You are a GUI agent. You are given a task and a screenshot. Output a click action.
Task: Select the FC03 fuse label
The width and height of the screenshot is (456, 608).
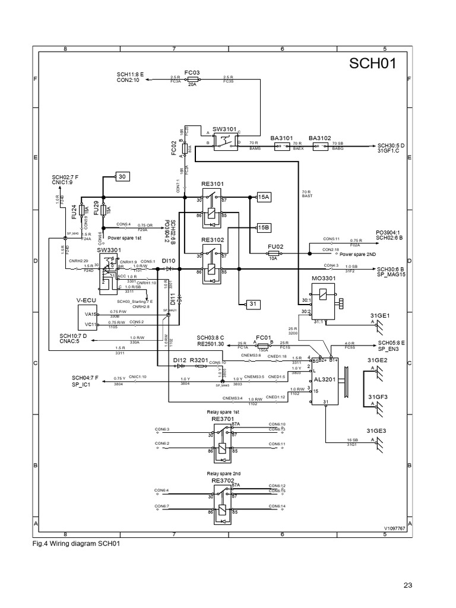pyautogui.click(x=192, y=72)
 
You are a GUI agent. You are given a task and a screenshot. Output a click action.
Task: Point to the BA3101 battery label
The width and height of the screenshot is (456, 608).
pyautogui.click(x=282, y=138)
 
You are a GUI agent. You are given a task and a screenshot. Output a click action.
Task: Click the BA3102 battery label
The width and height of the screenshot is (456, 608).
pyautogui.click(x=320, y=138)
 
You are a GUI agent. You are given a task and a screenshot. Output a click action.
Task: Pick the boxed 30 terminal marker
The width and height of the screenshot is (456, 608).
pyautogui.click(x=122, y=176)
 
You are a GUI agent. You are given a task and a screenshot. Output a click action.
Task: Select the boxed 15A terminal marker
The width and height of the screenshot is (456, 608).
pyautogui.click(x=264, y=197)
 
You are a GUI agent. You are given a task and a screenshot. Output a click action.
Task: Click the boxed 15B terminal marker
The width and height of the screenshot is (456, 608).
pyautogui.click(x=264, y=227)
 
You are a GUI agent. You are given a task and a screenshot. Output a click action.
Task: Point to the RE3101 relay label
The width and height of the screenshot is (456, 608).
pyautogui.click(x=212, y=184)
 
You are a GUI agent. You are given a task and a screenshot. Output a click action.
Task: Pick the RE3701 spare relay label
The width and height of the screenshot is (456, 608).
pyautogui.click(x=223, y=418)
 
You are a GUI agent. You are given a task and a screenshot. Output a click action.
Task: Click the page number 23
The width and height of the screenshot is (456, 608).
pyautogui.click(x=407, y=585)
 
